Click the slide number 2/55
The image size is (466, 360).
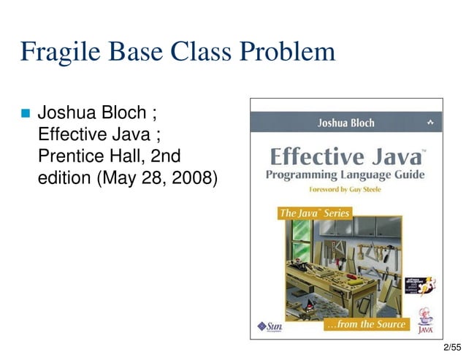click(x=452, y=349)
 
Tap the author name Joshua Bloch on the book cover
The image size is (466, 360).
click(x=345, y=123)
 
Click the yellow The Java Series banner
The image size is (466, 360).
click(x=315, y=213)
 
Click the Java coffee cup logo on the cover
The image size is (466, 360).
click(x=425, y=321)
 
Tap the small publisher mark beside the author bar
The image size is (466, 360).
click(x=430, y=122)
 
